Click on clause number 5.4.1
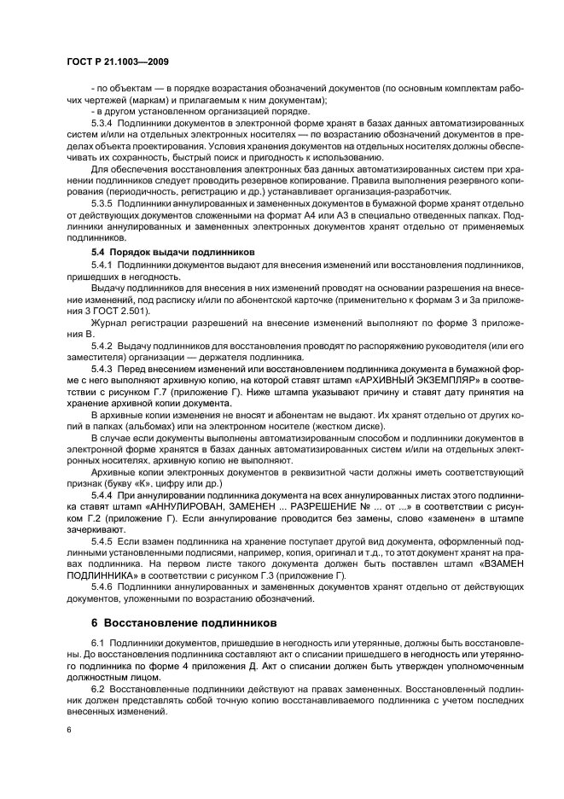102,266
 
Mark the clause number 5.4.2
102,347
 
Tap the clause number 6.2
96,686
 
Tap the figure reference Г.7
136,390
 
